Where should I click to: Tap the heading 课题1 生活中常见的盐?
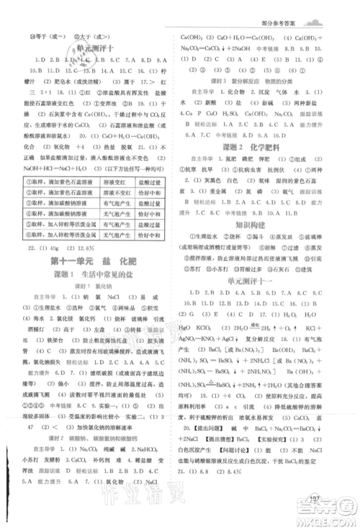(x=91, y=276)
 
